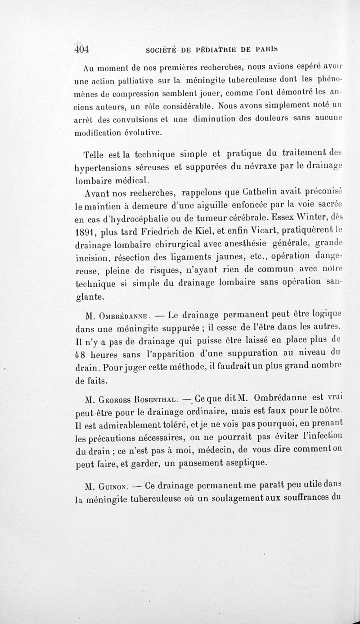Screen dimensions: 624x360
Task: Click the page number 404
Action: tap(81, 49)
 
